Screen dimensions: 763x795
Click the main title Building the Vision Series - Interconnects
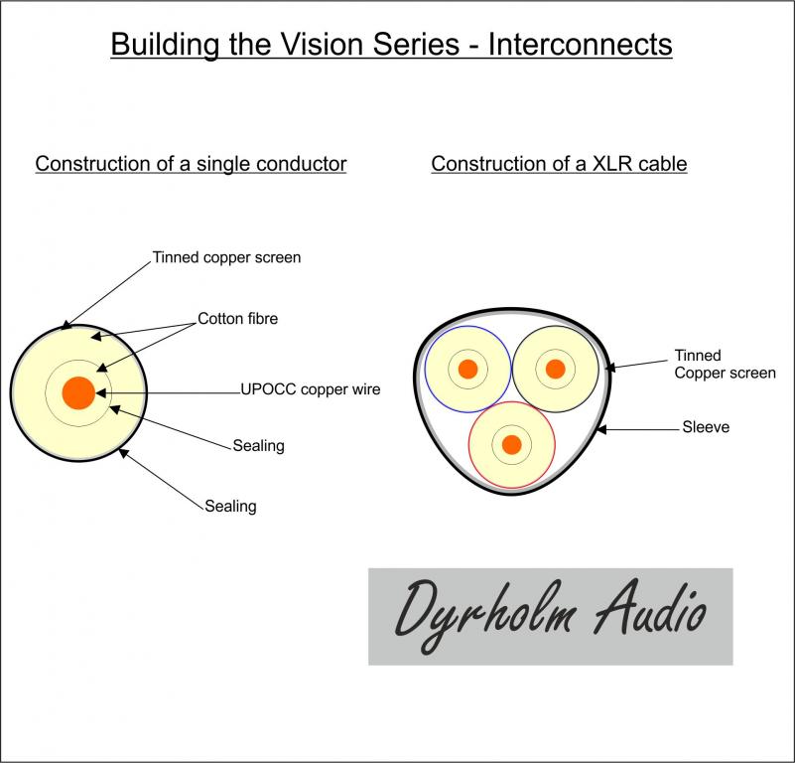391,45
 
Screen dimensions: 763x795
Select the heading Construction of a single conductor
191,164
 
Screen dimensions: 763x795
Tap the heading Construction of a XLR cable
559,164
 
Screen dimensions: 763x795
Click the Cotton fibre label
238,319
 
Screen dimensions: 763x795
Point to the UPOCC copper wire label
310,389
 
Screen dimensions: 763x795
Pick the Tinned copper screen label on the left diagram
226,257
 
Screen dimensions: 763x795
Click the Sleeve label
706,428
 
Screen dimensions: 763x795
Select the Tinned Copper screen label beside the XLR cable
725,364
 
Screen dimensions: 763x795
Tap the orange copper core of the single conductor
78,392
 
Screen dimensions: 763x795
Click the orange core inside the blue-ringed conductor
468,370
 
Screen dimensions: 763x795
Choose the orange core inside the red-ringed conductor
512,444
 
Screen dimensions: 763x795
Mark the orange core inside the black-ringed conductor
556,370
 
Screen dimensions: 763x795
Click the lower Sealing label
230,506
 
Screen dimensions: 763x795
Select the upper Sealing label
258,445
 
